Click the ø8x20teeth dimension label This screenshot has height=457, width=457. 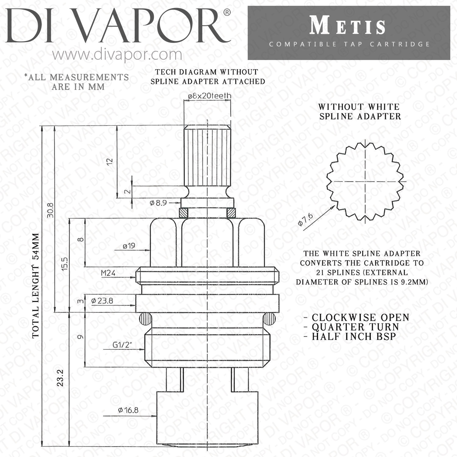point(210,96)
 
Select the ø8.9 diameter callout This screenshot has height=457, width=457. point(158,203)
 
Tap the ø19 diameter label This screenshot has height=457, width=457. point(129,246)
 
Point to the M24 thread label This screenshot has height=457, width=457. point(108,273)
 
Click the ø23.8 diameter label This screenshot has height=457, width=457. point(102,301)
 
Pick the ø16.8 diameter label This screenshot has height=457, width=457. point(128,410)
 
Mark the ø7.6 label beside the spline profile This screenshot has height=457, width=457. point(306,220)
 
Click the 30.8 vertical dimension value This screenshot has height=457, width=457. point(50,210)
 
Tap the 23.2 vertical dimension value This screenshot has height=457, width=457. point(60,378)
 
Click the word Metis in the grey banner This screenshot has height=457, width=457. point(348,26)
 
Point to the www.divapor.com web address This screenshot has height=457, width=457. point(117,55)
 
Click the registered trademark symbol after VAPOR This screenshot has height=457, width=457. point(227,12)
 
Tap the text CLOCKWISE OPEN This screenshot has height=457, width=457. point(360,317)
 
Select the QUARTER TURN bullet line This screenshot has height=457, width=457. point(355,327)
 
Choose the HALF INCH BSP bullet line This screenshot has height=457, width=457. point(353,337)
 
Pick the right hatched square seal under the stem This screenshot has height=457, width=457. point(231,212)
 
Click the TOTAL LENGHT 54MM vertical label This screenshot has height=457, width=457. point(36,285)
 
